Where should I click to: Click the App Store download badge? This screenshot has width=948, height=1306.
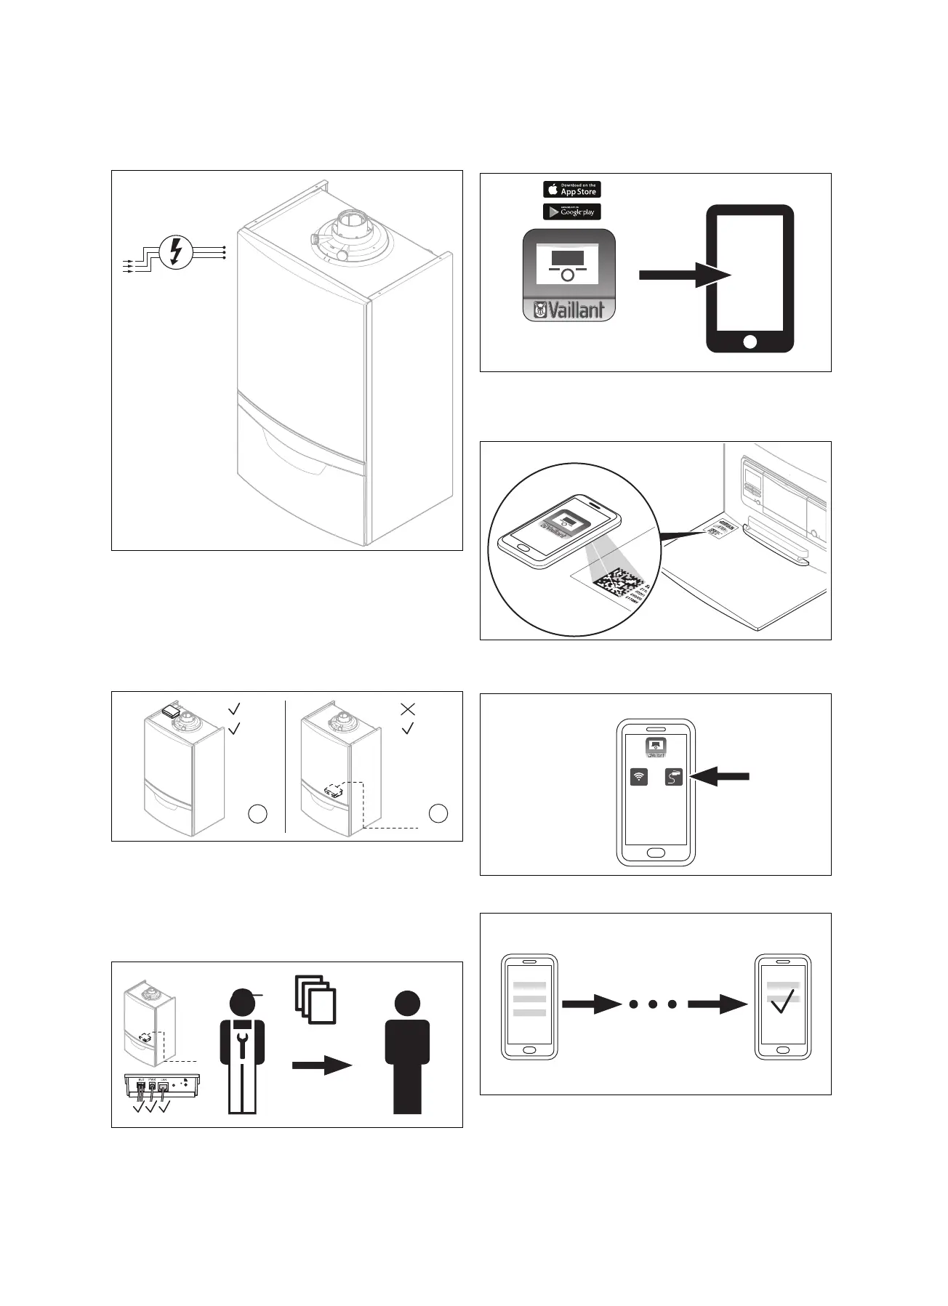(571, 189)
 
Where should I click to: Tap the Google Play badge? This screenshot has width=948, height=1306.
(571, 211)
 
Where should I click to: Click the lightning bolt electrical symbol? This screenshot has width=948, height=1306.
(175, 251)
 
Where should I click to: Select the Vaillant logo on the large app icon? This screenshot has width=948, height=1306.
(569, 310)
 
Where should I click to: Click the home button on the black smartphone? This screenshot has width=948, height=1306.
(750, 341)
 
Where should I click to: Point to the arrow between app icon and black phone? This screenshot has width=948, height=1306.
(683, 275)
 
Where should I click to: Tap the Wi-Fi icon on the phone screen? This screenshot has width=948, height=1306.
(639, 777)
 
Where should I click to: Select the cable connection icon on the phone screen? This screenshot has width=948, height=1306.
(674, 777)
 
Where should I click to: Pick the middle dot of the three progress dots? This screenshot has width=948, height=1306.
(653, 1004)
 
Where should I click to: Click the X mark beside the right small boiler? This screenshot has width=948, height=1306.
(408, 708)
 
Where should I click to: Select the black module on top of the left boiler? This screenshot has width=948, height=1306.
(172, 711)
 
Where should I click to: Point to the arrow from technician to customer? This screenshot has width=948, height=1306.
(321, 1065)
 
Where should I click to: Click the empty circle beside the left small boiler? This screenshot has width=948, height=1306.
(257, 814)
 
